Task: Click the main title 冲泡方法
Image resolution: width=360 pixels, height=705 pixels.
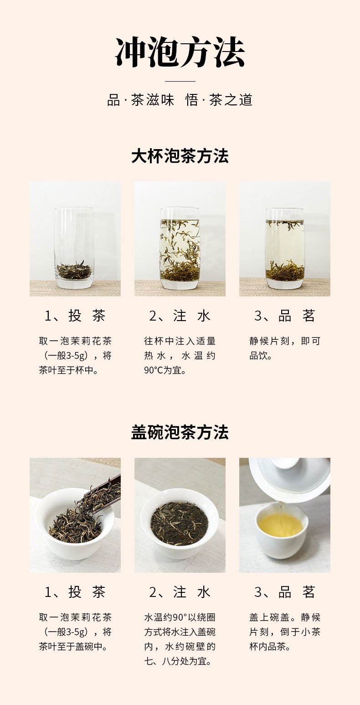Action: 180,52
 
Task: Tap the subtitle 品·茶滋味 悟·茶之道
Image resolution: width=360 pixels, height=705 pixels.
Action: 180,100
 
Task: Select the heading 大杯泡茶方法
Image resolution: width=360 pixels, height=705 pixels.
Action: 180,156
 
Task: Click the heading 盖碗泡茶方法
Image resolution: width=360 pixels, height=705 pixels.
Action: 180,432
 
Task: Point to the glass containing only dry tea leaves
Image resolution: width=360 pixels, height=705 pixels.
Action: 74,248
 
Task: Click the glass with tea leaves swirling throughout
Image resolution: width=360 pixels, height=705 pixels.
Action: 180,249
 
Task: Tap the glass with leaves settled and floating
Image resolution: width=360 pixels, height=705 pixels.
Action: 285,249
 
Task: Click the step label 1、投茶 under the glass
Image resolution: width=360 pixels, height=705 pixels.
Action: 75,316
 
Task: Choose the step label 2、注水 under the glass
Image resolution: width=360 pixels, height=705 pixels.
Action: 180,316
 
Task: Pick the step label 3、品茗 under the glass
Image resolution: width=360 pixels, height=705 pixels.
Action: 285,316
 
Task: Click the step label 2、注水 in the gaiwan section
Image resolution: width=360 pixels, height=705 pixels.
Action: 180,592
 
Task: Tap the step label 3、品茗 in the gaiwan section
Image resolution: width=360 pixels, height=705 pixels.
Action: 285,592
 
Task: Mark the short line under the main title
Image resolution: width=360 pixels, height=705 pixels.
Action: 180,81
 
